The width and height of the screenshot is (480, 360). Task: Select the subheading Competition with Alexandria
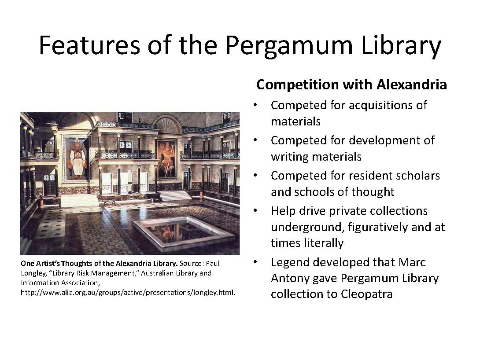(x=351, y=84)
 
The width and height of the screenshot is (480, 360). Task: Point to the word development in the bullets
(x=386, y=140)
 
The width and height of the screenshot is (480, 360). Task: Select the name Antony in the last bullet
(x=292, y=279)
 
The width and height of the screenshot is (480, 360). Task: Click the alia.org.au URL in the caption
(x=128, y=292)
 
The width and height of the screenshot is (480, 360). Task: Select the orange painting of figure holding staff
(x=167, y=158)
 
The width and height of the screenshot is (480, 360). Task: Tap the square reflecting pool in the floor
(x=183, y=231)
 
